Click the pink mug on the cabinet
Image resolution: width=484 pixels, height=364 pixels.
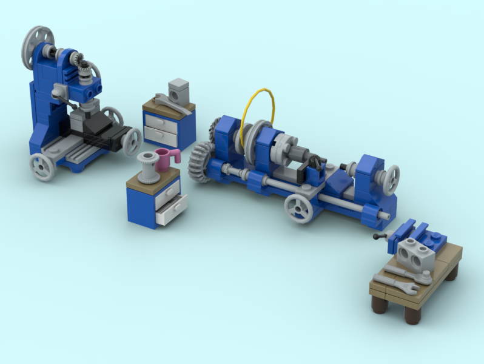165,160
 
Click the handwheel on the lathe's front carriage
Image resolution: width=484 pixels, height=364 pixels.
298,208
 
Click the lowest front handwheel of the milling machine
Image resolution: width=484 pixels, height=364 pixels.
42,167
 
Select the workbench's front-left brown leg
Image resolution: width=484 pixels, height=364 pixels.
379,302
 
